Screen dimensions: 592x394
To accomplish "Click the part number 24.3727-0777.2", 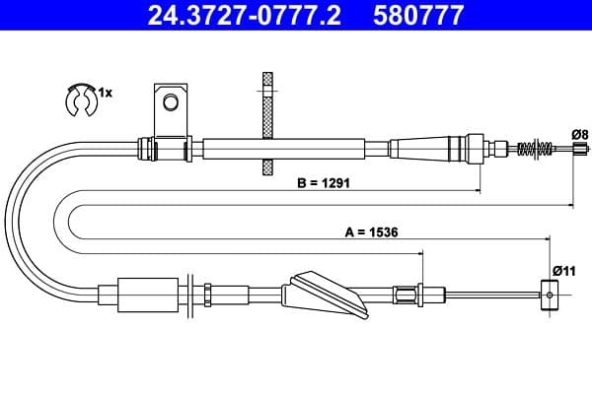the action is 245,15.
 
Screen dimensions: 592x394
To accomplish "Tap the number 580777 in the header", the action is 418,15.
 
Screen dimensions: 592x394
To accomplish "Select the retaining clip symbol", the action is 81,99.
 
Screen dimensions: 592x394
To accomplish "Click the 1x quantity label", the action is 106,93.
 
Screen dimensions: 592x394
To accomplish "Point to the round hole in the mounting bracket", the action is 171,101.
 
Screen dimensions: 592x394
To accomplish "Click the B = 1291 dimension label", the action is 324,183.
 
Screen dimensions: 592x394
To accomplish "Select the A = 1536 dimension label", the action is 372,232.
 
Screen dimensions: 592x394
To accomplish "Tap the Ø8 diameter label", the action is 580,135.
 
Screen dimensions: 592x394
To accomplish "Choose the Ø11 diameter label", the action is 564,271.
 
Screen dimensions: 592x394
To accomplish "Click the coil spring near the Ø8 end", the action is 536,148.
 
